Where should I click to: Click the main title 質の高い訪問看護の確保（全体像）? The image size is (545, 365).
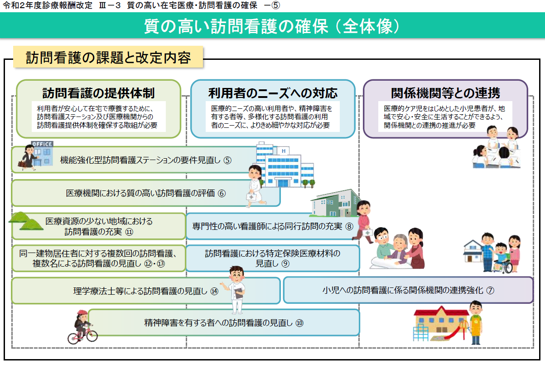(x=272, y=26)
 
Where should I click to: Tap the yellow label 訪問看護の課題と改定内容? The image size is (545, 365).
(x=108, y=57)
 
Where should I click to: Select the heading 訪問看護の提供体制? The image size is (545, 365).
(x=99, y=93)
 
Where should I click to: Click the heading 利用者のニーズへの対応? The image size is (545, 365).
(x=273, y=93)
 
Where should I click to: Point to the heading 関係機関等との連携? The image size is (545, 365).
(x=445, y=93)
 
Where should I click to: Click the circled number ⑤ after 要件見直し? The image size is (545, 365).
(x=227, y=160)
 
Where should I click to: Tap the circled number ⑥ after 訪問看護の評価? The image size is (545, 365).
(x=222, y=193)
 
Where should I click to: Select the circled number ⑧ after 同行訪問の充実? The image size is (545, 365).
(x=349, y=226)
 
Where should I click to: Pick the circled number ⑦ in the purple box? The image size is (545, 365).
(x=490, y=290)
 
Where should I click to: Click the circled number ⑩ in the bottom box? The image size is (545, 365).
(x=299, y=323)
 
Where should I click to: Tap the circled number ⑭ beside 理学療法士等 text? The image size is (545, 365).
(x=214, y=291)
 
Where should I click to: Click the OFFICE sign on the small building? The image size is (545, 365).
(x=42, y=144)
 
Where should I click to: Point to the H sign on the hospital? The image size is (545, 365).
(x=284, y=151)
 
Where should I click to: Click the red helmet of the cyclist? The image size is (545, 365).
(x=82, y=313)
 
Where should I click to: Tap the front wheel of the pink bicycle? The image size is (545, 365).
(x=92, y=336)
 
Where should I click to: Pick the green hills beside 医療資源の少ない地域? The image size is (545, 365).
(x=26, y=221)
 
